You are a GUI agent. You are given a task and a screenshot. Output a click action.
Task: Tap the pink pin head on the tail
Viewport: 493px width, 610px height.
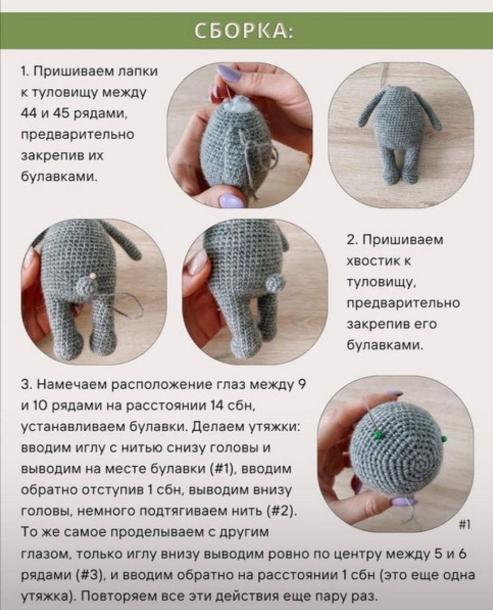(93, 276)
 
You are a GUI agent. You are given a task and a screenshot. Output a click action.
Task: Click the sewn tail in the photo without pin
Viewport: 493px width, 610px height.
(273, 283)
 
